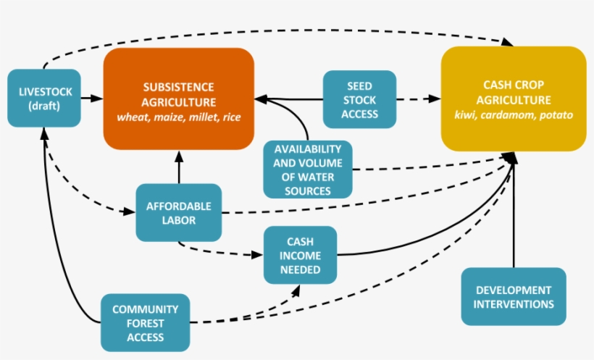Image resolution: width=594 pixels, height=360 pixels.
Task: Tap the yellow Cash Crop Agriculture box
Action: point(513,99)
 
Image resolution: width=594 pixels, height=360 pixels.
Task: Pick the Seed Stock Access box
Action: point(360,99)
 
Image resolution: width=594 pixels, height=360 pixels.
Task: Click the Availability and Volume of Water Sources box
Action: point(308,169)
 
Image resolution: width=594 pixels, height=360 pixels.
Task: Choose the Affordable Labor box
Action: point(179,212)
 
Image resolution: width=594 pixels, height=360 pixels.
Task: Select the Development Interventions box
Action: point(513,297)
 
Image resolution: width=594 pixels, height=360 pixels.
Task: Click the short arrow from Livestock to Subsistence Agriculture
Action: point(91,97)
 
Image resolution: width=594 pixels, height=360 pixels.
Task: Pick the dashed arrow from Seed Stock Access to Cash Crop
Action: point(419,98)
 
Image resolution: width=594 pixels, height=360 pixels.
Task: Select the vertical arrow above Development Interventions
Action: point(514,217)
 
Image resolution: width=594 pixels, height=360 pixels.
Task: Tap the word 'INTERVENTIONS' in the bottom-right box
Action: point(513,304)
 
